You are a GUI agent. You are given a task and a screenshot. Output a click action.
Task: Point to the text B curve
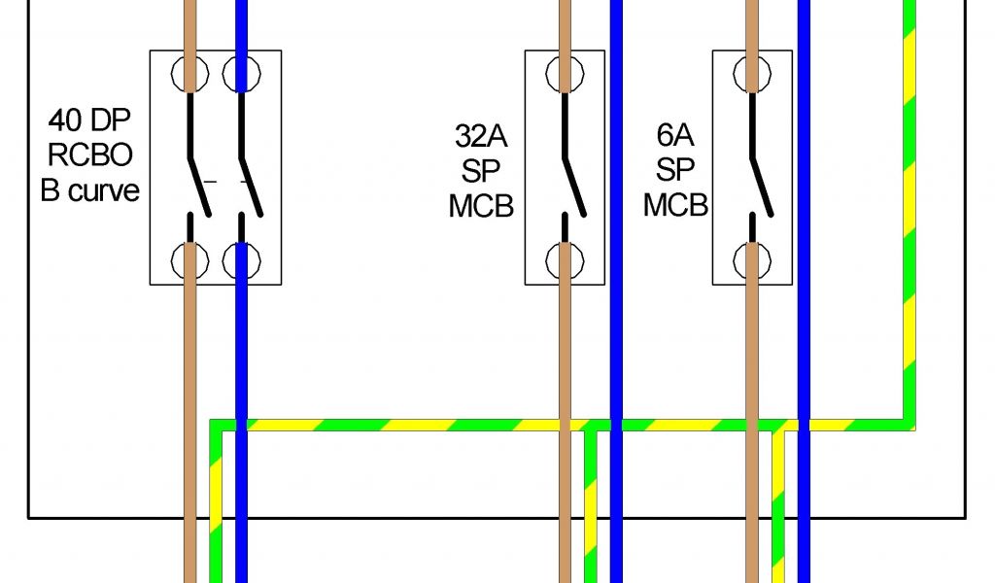pyautogui.click(x=90, y=189)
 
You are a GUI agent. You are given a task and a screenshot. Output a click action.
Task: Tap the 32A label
pyautogui.click(x=481, y=135)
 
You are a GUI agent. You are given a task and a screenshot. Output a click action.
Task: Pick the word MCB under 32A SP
pyautogui.click(x=481, y=206)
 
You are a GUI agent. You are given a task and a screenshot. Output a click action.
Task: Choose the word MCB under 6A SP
pyautogui.click(x=674, y=206)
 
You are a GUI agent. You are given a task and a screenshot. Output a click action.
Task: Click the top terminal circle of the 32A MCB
pyautogui.click(x=565, y=72)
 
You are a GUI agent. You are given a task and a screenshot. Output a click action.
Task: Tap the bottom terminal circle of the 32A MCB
pyautogui.click(x=565, y=259)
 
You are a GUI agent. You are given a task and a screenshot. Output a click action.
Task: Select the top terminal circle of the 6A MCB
pyautogui.click(x=752, y=72)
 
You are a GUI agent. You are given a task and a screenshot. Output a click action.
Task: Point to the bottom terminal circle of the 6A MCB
pyautogui.click(x=752, y=259)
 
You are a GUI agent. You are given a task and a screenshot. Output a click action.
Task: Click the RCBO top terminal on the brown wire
pyautogui.click(x=190, y=72)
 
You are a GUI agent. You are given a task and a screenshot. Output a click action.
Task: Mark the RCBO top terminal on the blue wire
pyautogui.click(x=242, y=72)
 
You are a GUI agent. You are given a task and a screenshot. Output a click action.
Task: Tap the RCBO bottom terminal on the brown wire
pyautogui.click(x=190, y=259)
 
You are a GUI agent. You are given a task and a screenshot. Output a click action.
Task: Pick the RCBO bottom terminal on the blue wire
pyautogui.click(x=242, y=259)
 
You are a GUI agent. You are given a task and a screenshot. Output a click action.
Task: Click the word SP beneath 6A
pyautogui.click(x=674, y=171)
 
